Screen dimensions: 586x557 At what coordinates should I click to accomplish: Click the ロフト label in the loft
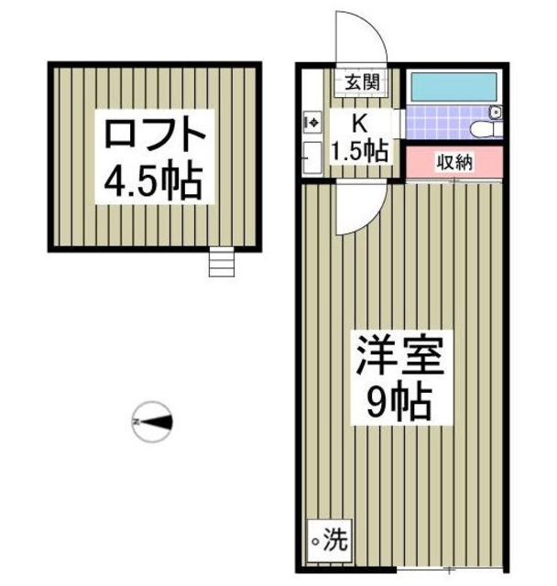click(153, 137)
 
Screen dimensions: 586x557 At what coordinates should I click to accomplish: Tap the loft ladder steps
click(221, 263)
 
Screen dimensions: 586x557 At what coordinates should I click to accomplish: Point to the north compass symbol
click(152, 422)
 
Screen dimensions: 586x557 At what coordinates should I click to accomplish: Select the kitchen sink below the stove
click(311, 156)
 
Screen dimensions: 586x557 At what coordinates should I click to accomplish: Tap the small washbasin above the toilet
click(496, 113)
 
